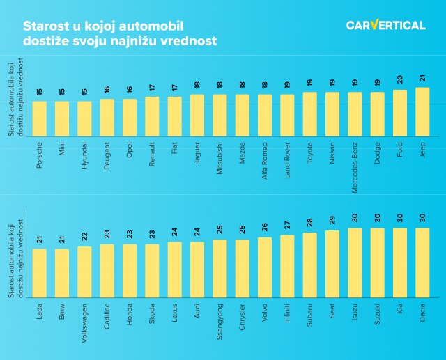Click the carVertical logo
(385, 25)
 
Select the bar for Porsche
(40, 119)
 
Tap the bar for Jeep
(423, 112)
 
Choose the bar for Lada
(40, 272)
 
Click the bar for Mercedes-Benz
(355, 114)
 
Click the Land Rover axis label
(287, 159)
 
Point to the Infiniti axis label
(287, 314)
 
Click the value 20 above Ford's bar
(400, 79)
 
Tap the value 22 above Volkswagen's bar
(84, 236)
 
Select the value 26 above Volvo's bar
(265, 227)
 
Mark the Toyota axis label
(310, 155)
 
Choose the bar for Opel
(130, 118)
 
